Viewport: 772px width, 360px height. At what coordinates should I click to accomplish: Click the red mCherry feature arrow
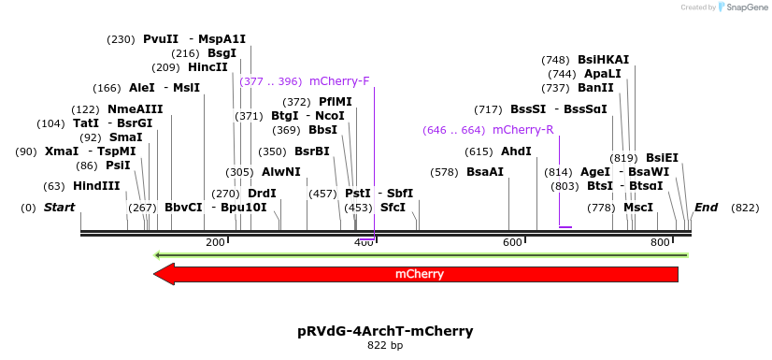click(x=416, y=274)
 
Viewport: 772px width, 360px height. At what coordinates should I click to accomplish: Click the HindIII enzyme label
click(x=96, y=186)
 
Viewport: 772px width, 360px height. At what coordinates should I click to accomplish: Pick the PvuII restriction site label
click(x=160, y=39)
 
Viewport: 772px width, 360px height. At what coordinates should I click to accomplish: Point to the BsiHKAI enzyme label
click(x=603, y=60)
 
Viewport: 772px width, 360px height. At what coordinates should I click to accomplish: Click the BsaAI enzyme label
click(x=484, y=172)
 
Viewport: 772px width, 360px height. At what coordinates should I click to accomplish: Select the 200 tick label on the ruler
click(x=215, y=242)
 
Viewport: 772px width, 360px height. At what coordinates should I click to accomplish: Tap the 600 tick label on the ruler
click(x=512, y=242)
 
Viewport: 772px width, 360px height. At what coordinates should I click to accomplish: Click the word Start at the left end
click(x=59, y=208)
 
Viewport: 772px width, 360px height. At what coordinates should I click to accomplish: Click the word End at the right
click(x=706, y=208)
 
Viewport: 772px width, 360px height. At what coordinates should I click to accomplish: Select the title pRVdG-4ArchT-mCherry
click(x=385, y=331)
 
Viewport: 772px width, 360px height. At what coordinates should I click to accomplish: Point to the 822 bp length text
click(x=385, y=346)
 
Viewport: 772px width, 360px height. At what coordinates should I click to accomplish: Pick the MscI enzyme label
click(x=638, y=208)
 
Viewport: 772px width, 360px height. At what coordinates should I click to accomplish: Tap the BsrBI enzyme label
click(x=311, y=151)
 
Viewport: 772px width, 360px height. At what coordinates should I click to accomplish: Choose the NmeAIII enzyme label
click(x=135, y=109)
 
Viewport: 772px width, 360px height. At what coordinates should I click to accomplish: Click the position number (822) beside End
click(x=745, y=208)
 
